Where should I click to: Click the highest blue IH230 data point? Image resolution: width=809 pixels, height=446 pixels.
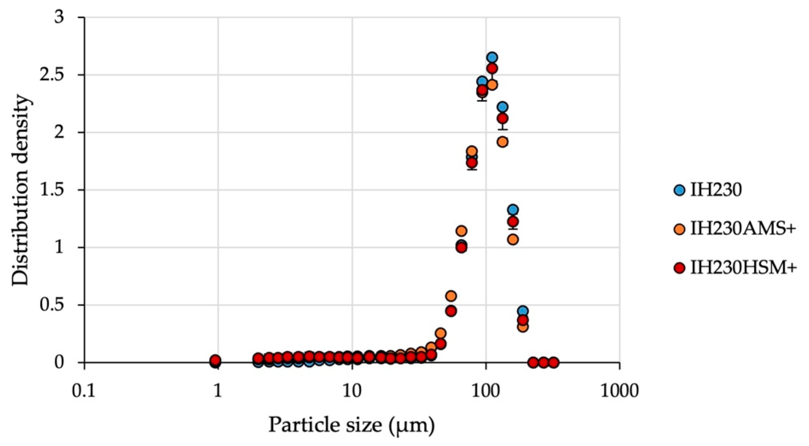coord(492,58)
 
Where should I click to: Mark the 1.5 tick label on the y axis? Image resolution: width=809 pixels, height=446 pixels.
coord(54,190)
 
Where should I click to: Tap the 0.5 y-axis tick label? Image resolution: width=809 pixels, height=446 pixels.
coord(54,305)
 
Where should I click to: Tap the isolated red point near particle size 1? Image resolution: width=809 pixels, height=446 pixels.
coord(215,360)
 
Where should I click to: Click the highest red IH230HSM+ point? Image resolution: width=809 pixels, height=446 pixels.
coord(492,68)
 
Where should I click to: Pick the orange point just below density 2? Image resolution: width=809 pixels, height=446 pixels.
coord(503,142)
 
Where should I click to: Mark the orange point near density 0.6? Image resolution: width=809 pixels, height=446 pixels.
coord(451,296)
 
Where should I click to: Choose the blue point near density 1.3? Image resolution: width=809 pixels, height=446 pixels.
coord(513,210)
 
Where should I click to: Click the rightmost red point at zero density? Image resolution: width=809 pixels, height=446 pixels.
coord(554,362)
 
